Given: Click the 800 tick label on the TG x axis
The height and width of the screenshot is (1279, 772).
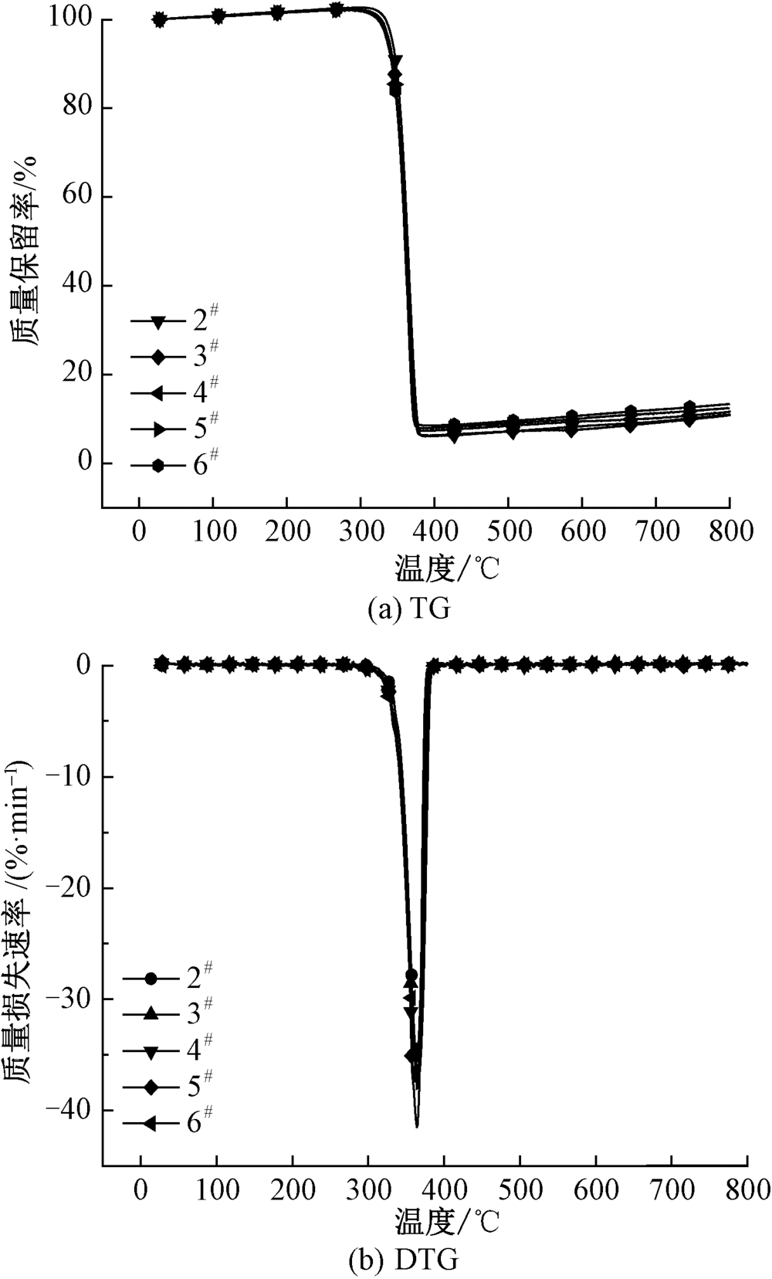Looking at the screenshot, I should tap(730, 532).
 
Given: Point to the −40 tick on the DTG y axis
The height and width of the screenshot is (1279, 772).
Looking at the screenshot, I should tap(67, 1110).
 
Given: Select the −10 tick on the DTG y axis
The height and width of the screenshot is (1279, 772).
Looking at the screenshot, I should tap(67, 776).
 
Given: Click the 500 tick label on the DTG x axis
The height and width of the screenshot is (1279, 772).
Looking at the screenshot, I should tap(520, 1189).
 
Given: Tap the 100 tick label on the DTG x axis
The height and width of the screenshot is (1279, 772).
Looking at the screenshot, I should tap(216, 1189).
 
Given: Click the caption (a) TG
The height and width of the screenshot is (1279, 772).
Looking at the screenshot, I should tap(408, 609).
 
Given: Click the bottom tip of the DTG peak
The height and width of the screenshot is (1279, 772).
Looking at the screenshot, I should tap(418, 1126).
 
